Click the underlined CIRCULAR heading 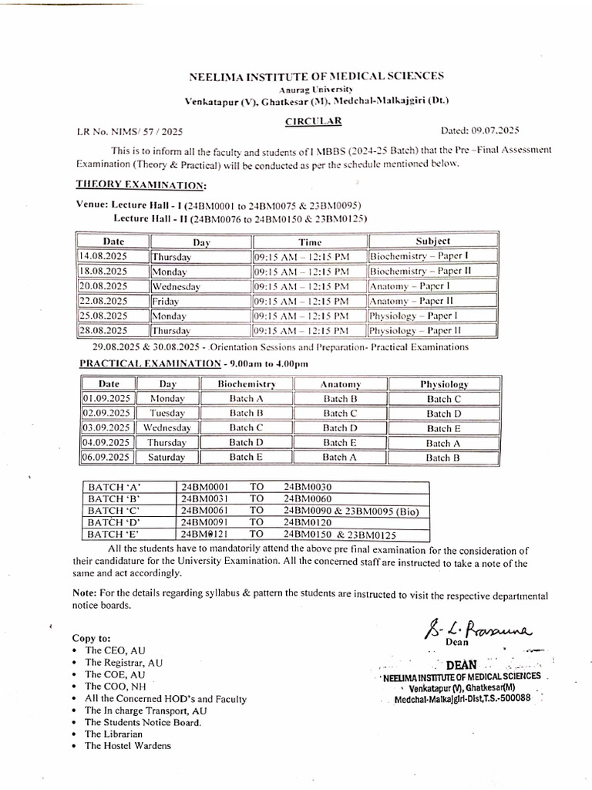[314, 121]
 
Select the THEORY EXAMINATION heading [140, 184]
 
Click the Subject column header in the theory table [433, 241]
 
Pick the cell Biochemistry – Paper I [420, 256]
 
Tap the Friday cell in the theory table [165, 301]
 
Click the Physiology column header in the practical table [443, 383]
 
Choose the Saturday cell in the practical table [167, 457]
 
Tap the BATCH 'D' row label [115, 522]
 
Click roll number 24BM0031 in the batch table [204, 498]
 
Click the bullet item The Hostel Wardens [128, 745]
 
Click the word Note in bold [85, 595]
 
